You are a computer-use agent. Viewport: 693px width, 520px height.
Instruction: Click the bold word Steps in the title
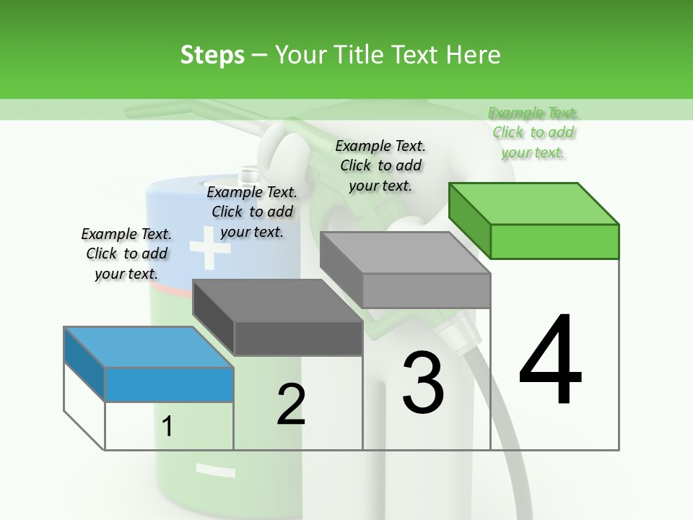212,55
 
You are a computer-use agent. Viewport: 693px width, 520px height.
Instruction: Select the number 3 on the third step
423,382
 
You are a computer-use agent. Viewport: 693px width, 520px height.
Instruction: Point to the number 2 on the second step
291,404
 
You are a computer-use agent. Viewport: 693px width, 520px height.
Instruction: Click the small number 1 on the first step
167,427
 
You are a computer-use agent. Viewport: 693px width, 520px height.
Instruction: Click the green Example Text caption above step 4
533,132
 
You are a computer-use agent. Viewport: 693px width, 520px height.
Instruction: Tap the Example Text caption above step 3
380,165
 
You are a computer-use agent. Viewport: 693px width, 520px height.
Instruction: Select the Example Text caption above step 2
252,212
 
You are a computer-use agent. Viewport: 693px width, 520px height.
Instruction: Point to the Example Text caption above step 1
126,253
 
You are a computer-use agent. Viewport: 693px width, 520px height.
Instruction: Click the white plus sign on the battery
209,248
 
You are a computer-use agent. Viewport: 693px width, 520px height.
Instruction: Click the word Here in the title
476,55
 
